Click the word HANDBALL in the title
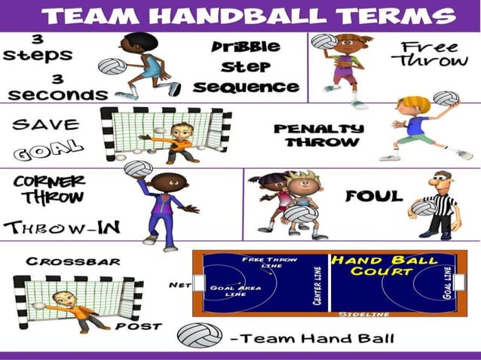pyautogui.click(x=249, y=16)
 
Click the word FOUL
pyautogui.click(x=374, y=197)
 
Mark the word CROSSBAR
pyautogui.click(x=63, y=261)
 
